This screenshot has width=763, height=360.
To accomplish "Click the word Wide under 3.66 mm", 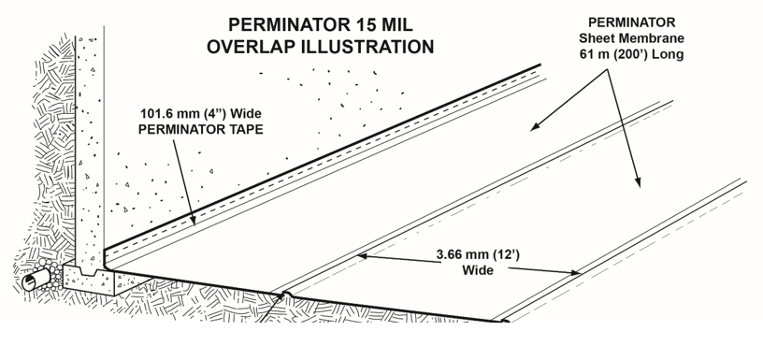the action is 475,268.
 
